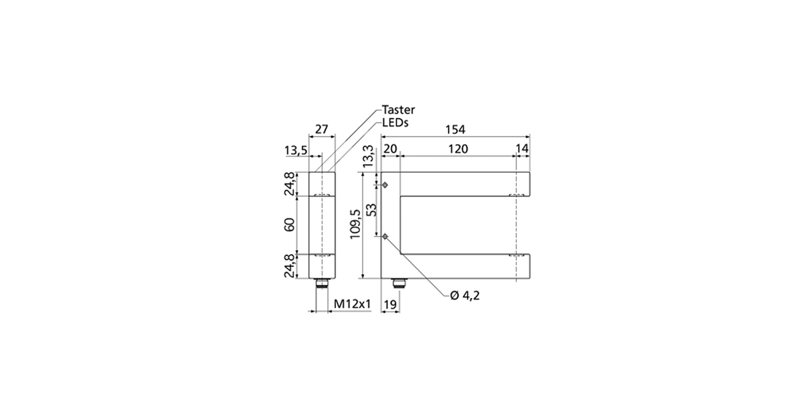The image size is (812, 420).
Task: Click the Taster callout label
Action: coord(399,109)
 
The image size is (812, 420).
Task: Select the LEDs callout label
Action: coord(395,123)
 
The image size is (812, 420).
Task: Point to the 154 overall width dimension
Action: coord(455,129)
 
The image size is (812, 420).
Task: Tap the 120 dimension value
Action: coord(458,148)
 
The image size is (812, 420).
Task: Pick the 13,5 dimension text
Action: coord(296,150)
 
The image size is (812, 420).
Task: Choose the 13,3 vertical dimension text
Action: coord(368,156)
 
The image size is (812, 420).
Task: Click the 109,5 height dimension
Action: coord(355,225)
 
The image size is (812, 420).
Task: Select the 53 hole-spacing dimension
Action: coord(372,210)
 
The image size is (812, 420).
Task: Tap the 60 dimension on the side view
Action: coord(289,225)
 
